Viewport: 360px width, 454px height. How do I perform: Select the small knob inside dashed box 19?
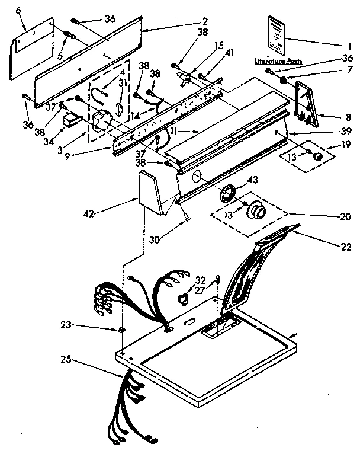click(x=317, y=157)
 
